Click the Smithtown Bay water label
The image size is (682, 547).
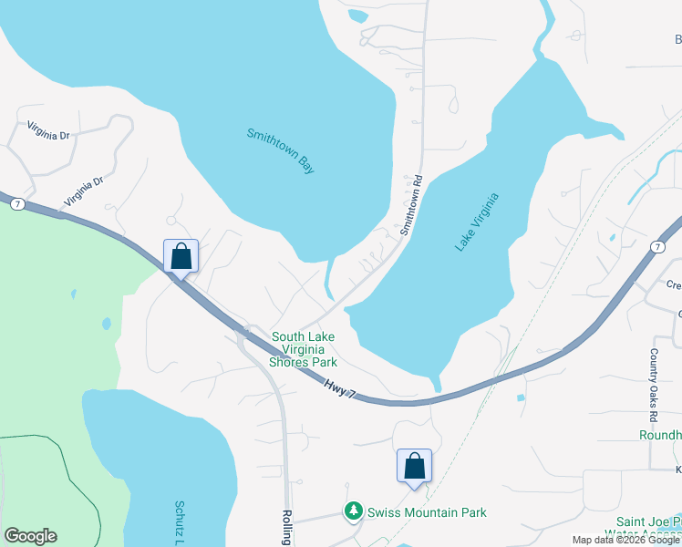point(280,150)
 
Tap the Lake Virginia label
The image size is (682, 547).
point(477,222)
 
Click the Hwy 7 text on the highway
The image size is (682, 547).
point(338,387)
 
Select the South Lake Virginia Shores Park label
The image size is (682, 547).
point(303,349)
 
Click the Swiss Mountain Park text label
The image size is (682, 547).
point(426,512)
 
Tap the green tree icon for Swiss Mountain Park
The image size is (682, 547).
point(354,512)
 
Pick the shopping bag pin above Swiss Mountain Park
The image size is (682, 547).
point(414,466)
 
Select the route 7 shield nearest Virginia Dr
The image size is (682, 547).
point(17,205)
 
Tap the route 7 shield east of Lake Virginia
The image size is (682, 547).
point(657,247)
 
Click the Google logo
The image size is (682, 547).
point(30,536)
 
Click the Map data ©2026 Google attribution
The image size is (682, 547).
point(625,540)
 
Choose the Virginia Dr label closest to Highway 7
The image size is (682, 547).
point(84,191)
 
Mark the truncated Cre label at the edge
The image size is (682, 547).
point(673,285)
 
